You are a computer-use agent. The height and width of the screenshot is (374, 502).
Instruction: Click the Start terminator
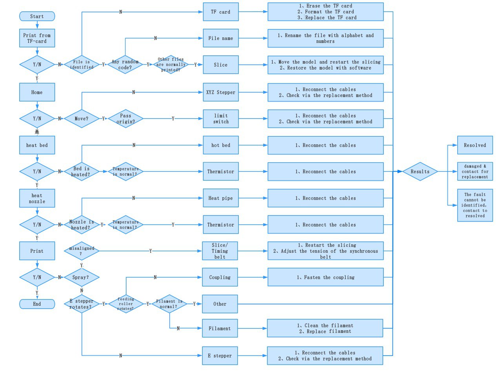pyautogui.click(x=37, y=16)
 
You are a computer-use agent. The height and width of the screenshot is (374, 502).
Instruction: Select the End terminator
pyautogui.click(x=37, y=304)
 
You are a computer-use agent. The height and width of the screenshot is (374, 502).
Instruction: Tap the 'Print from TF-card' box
pyautogui.click(x=37, y=38)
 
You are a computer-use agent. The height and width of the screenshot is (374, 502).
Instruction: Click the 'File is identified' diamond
pyautogui.click(x=82, y=64)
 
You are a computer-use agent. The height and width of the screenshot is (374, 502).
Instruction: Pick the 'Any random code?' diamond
pyautogui.click(x=125, y=64)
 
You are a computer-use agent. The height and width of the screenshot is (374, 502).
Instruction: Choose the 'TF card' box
pyautogui.click(x=221, y=12)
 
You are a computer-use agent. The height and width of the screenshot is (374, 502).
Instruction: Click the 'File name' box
pyautogui.click(x=221, y=38)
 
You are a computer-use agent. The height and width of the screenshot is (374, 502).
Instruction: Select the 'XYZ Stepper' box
pyautogui.click(x=221, y=92)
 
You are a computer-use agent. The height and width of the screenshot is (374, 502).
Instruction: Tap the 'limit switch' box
pyautogui.click(x=221, y=119)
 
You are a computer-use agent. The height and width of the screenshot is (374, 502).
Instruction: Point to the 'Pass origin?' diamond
pyautogui.click(x=125, y=119)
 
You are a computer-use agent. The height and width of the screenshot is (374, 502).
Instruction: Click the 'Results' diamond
pyautogui.click(x=420, y=171)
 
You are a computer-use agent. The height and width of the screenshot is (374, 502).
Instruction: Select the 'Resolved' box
pyautogui.click(x=475, y=145)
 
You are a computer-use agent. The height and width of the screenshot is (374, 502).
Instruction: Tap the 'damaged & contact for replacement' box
pyautogui.click(x=475, y=171)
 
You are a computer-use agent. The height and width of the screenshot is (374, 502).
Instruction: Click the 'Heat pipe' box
pyautogui.click(x=221, y=198)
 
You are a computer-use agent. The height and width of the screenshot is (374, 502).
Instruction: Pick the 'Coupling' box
pyautogui.click(x=220, y=277)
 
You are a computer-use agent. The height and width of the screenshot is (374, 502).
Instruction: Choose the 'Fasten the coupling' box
pyautogui.click(x=326, y=277)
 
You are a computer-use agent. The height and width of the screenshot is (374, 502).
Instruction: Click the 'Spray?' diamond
pyautogui.click(x=82, y=277)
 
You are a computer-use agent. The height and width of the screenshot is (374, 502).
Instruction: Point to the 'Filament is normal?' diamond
pyautogui.click(x=169, y=304)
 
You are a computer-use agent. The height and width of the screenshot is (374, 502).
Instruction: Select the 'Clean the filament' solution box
pyautogui.click(x=325, y=328)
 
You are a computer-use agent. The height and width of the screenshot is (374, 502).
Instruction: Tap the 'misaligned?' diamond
pyautogui.click(x=82, y=251)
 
